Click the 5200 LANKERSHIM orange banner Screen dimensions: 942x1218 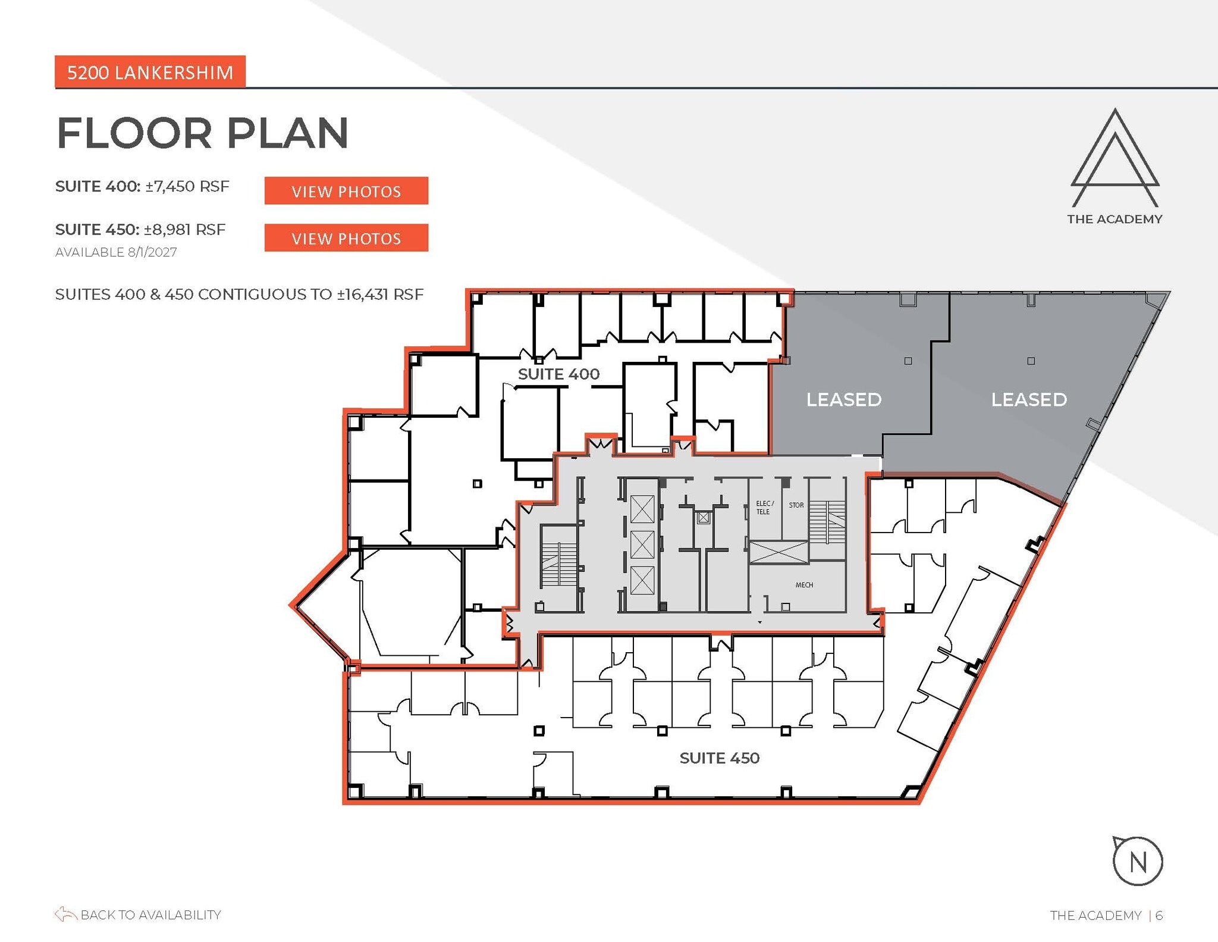click(x=150, y=72)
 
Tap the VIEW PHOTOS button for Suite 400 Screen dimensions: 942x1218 click(x=346, y=191)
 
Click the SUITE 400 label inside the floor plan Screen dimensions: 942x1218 click(x=558, y=374)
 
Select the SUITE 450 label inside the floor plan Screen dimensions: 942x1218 click(x=720, y=758)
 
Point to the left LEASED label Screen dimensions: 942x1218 click(x=843, y=399)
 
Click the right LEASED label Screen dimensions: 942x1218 click(x=1029, y=399)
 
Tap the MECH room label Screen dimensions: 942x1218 click(x=804, y=585)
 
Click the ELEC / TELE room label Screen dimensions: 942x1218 click(x=764, y=508)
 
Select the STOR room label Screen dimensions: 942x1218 click(x=796, y=505)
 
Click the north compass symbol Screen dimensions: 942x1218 click(x=1137, y=861)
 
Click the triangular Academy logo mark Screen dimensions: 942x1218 click(x=1115, y=158)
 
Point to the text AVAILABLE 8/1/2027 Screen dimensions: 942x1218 click(x=116, y=252)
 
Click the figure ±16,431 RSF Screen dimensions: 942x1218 click(x=380, y=295)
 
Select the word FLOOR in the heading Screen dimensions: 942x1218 click(x=134, y=133)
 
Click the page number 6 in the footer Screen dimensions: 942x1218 click(x=1159, y=915)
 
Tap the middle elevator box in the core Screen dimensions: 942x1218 click(x=642, y=544)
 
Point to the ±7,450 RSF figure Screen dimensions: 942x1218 click(x=187, y=186)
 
